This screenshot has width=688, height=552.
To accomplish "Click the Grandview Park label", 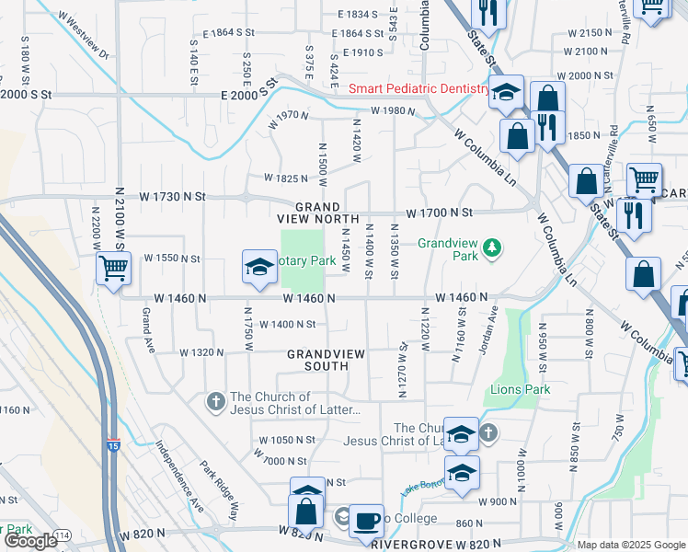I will (x=448, y=250).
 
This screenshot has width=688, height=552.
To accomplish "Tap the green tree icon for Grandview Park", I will (x=493, y=246).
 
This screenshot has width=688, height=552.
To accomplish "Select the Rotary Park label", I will (x=310, y=261).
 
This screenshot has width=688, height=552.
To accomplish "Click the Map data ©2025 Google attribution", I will (x=630, y=545).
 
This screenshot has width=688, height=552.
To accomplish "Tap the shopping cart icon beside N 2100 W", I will (x=113, y=270).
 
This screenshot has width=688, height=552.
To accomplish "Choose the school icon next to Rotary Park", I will (x=259, y=268).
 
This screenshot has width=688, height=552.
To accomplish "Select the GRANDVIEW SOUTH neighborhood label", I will (x=326, y=360).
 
